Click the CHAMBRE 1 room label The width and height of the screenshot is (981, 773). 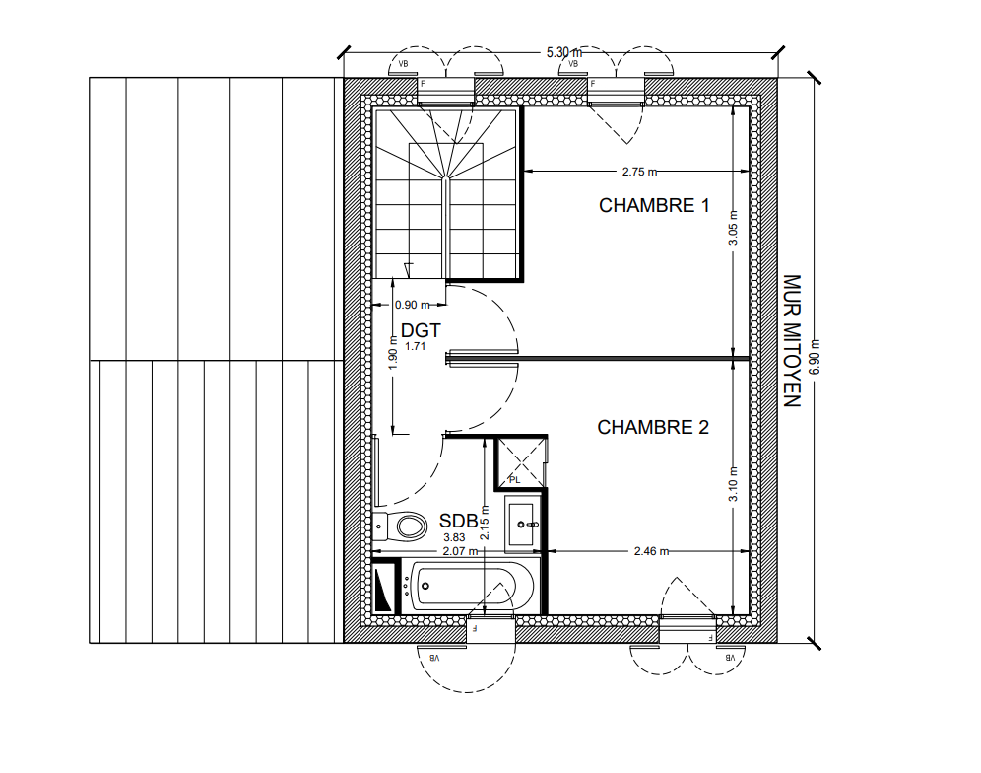pyautogui.click(x=654, y=205)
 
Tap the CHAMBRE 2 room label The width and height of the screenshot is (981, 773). pyautogui.click(x=653, y=427)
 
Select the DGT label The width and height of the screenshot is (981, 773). pyautogui.click(x=421, y=330)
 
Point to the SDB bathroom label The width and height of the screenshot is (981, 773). pyautogui.click(x=458, y=521)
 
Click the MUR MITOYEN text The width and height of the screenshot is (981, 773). pyautogui.click(x=792, y=341)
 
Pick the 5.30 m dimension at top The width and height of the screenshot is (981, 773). pyautogui.click(x=563, y=52)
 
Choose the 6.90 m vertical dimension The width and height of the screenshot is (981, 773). pyautogui.click(x=815, y=357)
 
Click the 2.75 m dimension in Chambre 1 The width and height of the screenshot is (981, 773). pyautogui.click(x=639, y=171)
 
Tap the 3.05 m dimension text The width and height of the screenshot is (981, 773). pyautogui.click(x=733, y=228)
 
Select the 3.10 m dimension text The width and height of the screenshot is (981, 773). pyautogui.click(x=733, y=484)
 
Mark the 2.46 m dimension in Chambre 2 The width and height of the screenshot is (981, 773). pyautogui.click(x=651, y=551)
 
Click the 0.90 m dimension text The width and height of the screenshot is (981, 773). pyautogui.click(x=413, y=305)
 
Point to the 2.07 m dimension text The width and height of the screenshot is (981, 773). pyautogui.click(x=461, y=551)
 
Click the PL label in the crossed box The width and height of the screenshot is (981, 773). pyautogui.click(x=514, y=480)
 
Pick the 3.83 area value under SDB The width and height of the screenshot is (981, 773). pyautogui.click(x=454, y=537)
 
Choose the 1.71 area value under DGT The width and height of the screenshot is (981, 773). pyautogui.click(x=415, y=346)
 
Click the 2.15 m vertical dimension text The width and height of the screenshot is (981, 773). pyautogui.click(x=485, y=524)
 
